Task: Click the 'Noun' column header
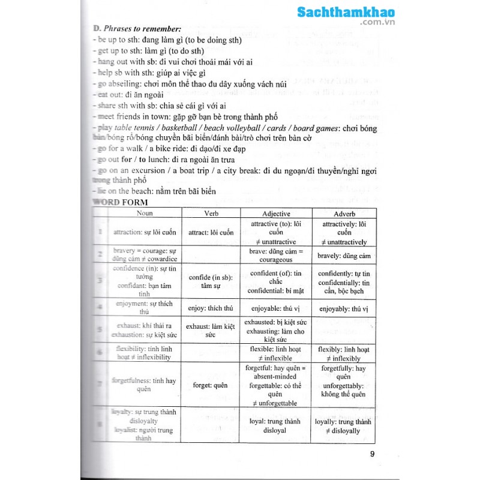[x=145, y=213]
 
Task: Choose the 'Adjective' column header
[x=276, y=213]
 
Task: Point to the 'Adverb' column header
[x=344, y=213]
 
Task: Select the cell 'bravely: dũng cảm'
[x=344, y=256]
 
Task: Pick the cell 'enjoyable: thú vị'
[x=276, y=308]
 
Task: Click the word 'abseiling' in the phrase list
[x=122, y=83]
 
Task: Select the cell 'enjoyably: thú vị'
[x=344, y=308]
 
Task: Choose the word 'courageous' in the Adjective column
[x=276, y=260]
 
